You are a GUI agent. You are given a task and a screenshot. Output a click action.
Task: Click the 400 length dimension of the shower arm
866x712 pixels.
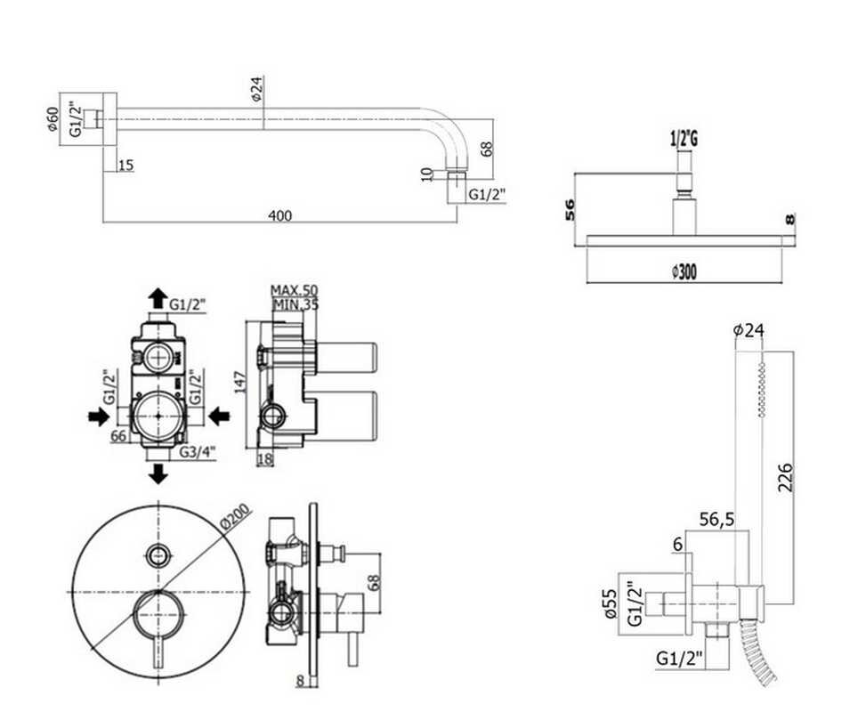[x=280, y=215]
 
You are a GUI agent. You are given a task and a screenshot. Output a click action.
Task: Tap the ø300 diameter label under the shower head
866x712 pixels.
[x=684, y=271]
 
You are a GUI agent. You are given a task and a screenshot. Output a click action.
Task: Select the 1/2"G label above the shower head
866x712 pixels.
[x=684, y=139]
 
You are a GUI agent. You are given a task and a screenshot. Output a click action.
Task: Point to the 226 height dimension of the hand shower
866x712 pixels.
[x=785, y=477]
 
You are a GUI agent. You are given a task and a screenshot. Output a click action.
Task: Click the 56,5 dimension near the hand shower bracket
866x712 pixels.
[x=716, y=520]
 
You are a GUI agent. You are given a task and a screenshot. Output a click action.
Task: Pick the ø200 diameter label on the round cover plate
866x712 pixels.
[x=235, y=517]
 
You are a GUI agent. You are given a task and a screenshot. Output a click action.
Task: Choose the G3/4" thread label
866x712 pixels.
[x=198, y=452]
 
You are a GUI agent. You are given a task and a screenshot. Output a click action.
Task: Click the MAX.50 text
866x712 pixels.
[x=294, y=290]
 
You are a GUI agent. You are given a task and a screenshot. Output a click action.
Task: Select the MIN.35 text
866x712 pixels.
[x=295, y=303]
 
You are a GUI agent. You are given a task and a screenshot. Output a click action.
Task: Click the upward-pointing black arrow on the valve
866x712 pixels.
[x=158, y=298]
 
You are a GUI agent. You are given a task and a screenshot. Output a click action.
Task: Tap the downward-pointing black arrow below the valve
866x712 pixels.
[x=158, y=474]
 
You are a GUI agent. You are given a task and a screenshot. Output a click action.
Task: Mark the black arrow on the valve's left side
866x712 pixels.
[x=99, y=417]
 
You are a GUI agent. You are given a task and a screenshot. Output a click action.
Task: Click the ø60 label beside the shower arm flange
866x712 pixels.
[x=53, y=118]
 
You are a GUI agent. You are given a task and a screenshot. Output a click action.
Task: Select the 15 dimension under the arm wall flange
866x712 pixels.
[x=125, y=165]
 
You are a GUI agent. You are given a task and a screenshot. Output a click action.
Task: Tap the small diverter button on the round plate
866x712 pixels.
[x=159, y=554]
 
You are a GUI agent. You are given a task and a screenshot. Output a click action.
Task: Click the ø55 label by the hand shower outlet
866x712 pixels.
[x=610, y=603]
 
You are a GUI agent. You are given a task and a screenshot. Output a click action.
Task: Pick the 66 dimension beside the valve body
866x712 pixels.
[x=118, y=436]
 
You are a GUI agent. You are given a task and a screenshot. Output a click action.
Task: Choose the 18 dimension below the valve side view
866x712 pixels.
[x=265, y=459]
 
